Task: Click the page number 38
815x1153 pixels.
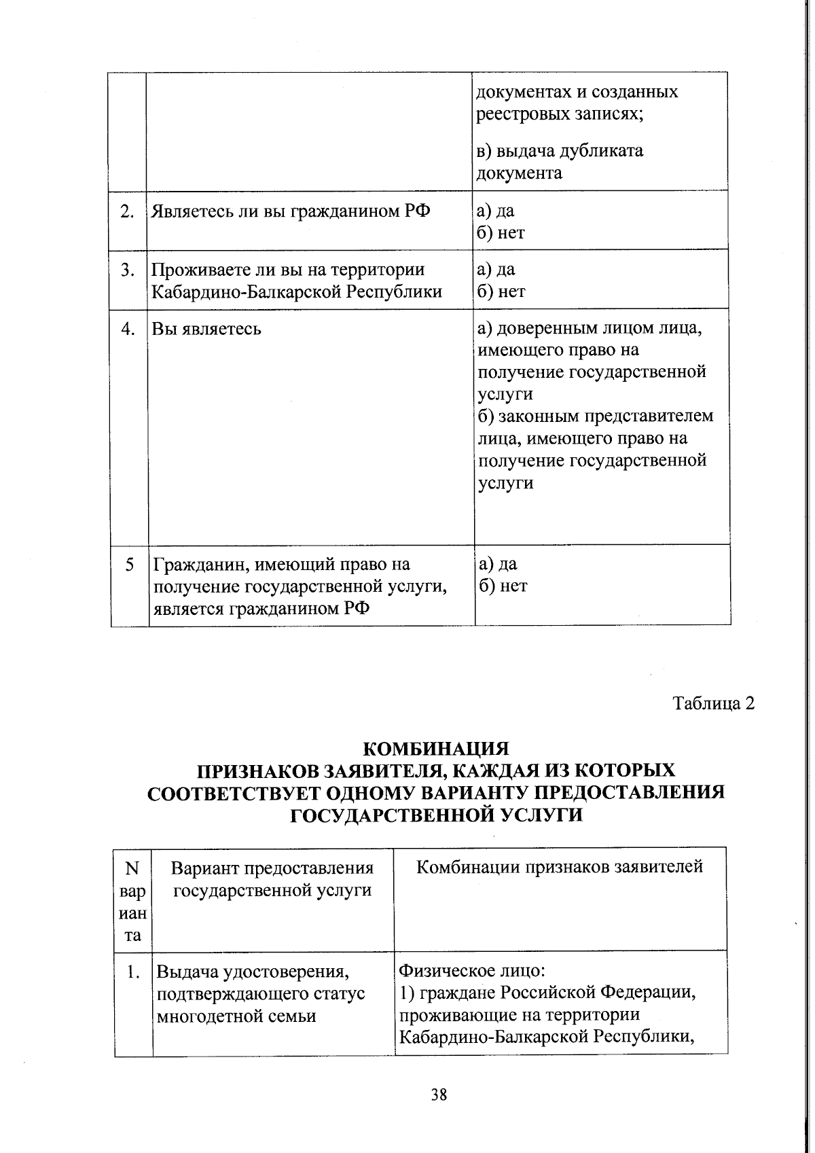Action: pyautogui.click(x=439, y=1095)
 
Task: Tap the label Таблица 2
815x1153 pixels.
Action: pyautogui.click(x=713, y=703)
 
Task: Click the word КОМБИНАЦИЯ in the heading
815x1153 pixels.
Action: pyautogui.click(x=436, y=748)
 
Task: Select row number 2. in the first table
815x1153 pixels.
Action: pyautogui.click(x=127, y=211)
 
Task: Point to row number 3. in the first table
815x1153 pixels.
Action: pyautogui.click(x=127, y=270)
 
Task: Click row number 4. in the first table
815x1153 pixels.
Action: pyautogui.click(x=128, y=329)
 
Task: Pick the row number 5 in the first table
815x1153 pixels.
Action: pyautogui.click(x=129, y=564)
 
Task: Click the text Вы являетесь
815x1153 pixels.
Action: pyautogui.click(x=206, y=330)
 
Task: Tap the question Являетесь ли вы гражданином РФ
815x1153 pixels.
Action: pyautogui.click(x=290, y=211)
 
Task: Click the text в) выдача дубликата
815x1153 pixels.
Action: pyautogui.click(x=560, y=150)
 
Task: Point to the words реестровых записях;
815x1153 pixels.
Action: pyautogui.click(x=560, y=113)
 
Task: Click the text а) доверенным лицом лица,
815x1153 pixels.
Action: pyautogui.click(x=590, y=329)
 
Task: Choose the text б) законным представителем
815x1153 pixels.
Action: pyautogui.click(x=596, y=416)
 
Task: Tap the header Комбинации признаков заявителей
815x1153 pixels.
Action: pyautogui.click(x=560, y=867)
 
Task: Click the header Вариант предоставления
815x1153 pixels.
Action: pyautogui.click(x=272, y=868)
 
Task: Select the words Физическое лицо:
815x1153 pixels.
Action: pyautogui.click(x=473, y=970)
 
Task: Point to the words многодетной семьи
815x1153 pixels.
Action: pyautogui.click(x=236, y=1016)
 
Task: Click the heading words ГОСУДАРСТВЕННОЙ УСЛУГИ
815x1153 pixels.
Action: pyautogui.click(x=436, y=815)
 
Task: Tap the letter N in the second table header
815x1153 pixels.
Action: pyautogui.click(x=132, y=868)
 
